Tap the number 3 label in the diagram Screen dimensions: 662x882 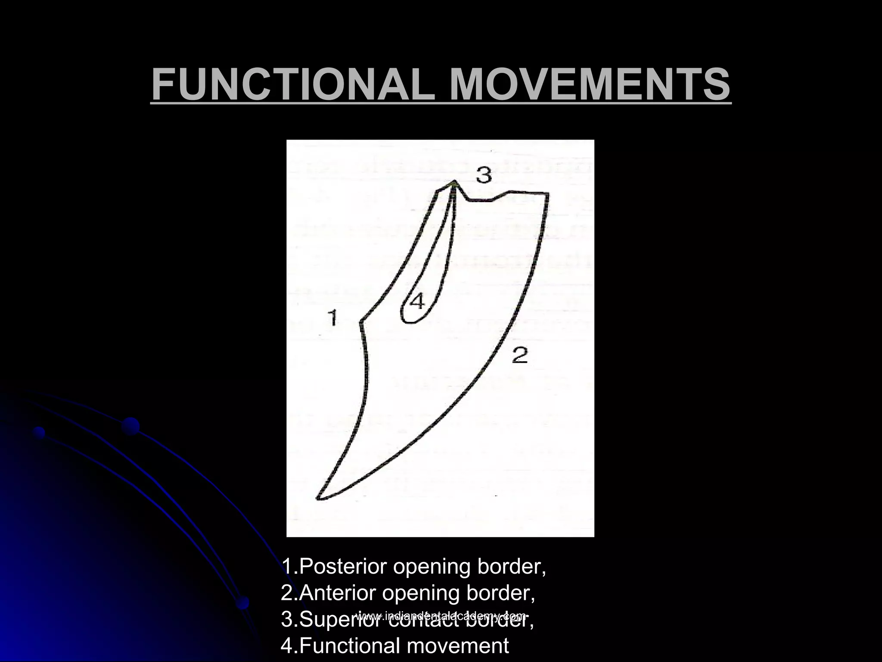tap(484, 175)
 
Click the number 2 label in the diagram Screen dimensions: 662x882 tap(520, 355)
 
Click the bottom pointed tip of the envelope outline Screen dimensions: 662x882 tap(318, 498)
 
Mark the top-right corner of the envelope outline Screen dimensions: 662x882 tap(548, 194)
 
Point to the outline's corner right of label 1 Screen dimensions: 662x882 tap(361, 321)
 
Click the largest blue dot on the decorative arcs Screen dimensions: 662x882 tap(130, 426)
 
